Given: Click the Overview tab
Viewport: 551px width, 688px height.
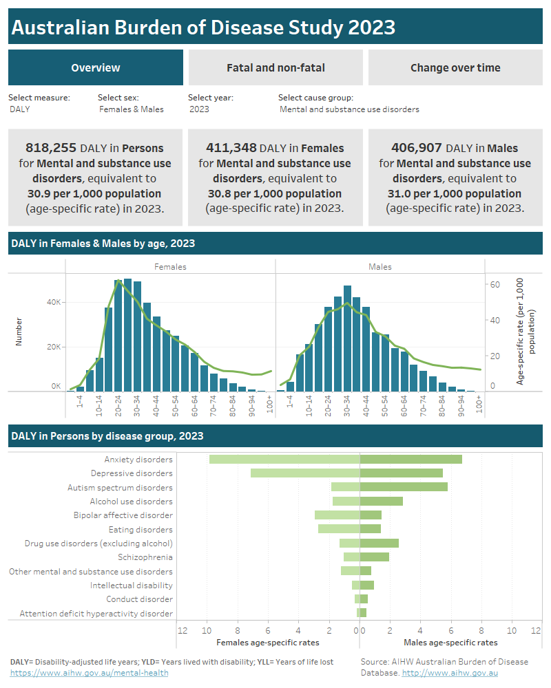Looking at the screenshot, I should coord(96,67).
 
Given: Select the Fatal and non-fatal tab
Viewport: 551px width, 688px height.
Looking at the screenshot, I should coord(275,67).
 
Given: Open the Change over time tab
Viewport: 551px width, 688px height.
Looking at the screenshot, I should coord(455,67).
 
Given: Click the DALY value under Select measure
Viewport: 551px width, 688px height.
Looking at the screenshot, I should coord(20,109).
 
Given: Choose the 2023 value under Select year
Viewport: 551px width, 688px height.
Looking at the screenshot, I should coord(199,109).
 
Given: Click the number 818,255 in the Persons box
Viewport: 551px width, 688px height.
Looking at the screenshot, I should coord(51,148).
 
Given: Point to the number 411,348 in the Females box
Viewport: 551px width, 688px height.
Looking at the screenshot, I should coord(231,148).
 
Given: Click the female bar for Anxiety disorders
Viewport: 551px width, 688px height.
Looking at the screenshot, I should coord(284,459).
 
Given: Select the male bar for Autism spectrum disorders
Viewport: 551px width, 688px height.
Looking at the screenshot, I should coord(404,487).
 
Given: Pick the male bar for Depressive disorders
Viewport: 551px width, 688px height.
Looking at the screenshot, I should coord(401,473).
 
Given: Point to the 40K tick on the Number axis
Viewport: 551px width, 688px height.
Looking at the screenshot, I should coord(54,302).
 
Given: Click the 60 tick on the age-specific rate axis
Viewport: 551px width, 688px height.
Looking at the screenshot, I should coord(494,284).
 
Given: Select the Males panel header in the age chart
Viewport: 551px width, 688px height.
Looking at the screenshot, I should coord(380,267).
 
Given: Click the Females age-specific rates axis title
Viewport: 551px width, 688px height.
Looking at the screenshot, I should coord(268,643).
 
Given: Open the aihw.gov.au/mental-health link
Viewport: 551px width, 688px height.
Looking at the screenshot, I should coord(89,673).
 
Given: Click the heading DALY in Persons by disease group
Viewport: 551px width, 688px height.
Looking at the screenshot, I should coord(107,436).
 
